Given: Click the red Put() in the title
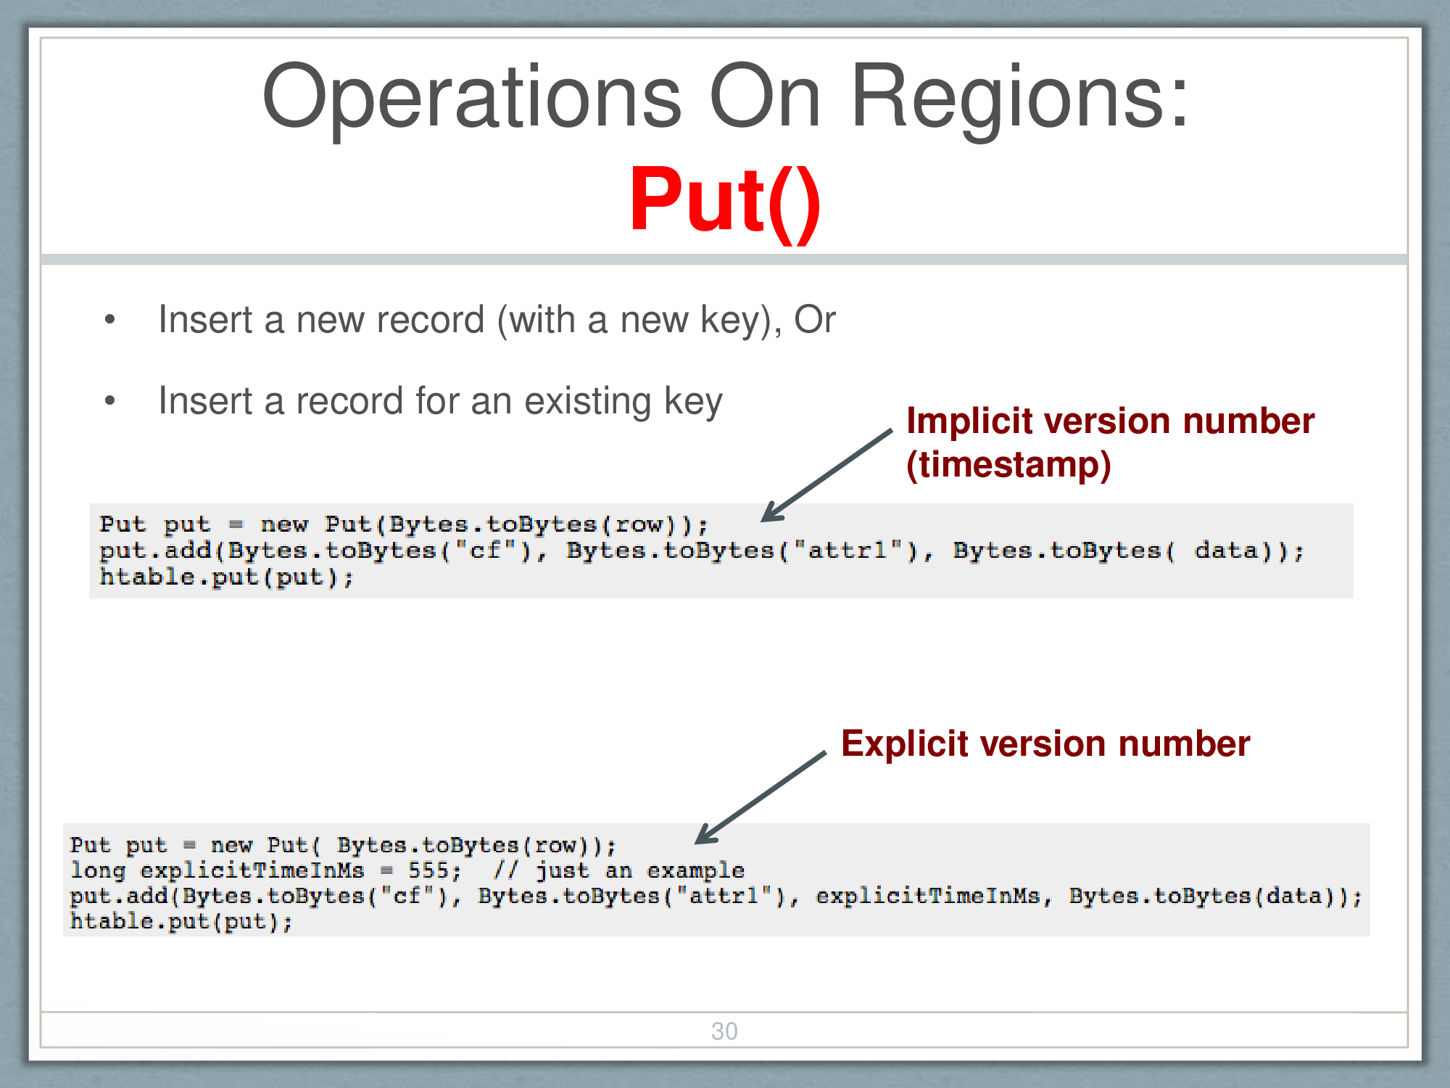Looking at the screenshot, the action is coord(725,201).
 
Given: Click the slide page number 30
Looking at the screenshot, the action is coord(724,1031).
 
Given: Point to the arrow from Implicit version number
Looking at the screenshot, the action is coord(826,475).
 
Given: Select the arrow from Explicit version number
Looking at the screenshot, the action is coord(761,797).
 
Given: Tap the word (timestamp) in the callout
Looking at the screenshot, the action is coord(1008,464).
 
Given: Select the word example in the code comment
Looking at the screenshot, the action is coord(695,870).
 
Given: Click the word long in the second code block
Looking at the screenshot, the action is coord(98,870).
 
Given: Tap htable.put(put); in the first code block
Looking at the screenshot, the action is coord(226,577).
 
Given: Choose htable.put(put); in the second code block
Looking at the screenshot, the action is coord(181,922).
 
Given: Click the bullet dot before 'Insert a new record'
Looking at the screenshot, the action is coord(109,319).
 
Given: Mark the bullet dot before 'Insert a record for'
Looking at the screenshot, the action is coord(109,400).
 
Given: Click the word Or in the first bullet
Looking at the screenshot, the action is coord(814,320).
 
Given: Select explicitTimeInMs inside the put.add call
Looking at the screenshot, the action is coord(928,897).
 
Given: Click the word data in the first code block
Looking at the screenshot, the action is coord(1226,551).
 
